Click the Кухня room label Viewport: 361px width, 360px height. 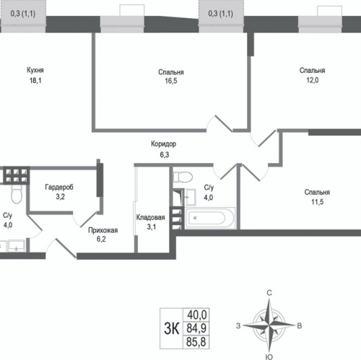[x=35, y=70]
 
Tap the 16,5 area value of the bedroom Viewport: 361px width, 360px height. [x=171, y=81]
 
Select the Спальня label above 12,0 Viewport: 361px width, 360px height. [x=312, y=71]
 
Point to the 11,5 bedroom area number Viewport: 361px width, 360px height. [x=317, y=202]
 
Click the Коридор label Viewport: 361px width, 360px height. [x=164, y=144]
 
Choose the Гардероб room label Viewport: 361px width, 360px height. [x=59, y=187]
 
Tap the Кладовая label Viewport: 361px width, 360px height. [x=151, y=217]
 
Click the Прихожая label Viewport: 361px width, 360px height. [x=103, y=230]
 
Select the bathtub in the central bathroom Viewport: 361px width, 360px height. [x=210, y=218]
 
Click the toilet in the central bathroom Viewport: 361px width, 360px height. [x=183, y=177]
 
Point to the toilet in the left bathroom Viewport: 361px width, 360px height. [x=17, y=194]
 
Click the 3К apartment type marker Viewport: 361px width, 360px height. [x=172, y=328]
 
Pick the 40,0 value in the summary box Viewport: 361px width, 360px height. [x=196, y=315]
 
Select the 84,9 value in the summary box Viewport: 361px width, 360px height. [x=196, y=328]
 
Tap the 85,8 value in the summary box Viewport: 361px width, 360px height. [x=196, y=342]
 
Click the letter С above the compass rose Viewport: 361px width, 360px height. [x=269, y=293]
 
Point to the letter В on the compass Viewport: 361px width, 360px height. [x=300, y=326]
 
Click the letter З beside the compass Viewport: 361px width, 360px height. [x=238, y=326]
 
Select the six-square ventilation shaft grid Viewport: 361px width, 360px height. [x=17, y=175]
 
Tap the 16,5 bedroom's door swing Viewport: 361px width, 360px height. [x=220, y=123]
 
